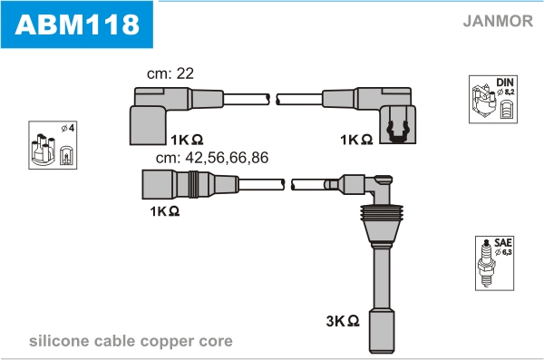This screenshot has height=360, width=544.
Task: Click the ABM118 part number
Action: point(77,24)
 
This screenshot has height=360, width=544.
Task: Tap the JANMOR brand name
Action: point(498,21)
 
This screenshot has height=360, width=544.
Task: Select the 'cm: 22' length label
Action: point(170,73)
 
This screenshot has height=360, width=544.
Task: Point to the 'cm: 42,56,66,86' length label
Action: point(212,158)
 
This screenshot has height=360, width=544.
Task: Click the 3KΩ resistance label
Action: point(343,321)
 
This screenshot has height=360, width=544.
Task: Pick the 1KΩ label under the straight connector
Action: point(165,210)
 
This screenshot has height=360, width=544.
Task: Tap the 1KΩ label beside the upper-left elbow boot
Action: point(187,140)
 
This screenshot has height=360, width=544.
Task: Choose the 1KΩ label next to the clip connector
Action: point(356,140)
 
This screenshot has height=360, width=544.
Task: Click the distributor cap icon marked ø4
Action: point(53,145)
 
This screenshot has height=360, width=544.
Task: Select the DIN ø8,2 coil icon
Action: point(493,99)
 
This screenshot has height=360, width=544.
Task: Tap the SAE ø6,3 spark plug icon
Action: point(494,263)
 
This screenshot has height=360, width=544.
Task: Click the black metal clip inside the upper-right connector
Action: point(398,131)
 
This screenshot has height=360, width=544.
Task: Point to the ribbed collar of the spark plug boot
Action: point(382,213)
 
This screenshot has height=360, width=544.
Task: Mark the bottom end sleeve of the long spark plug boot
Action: point(382,331)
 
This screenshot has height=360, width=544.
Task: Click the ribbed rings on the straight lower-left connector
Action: point(194,184)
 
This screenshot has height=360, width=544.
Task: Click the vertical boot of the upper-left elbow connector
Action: point(148,125)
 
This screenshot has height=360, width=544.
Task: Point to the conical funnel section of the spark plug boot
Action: point(382,231)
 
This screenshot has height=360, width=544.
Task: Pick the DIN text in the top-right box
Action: point(505,83)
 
